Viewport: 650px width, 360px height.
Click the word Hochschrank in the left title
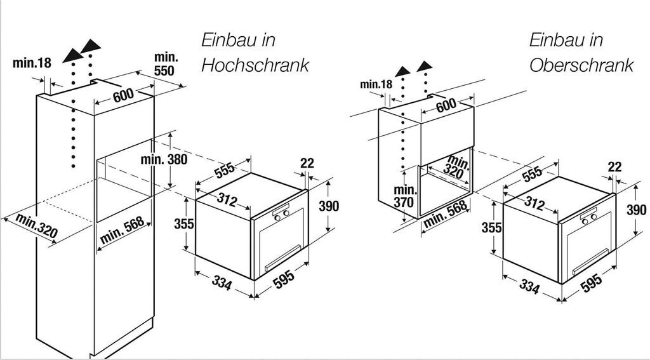pos(255,65)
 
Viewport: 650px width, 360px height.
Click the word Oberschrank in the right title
pos(581,65)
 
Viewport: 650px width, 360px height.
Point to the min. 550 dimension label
pos(165,64)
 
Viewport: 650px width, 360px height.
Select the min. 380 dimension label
pos(164,159)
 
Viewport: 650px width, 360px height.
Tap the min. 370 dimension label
pos(404,196)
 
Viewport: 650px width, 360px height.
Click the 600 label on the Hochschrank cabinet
pos(124,95)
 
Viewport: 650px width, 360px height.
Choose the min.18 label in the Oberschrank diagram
pos(376,84)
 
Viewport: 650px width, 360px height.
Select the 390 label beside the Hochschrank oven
pos(329,206)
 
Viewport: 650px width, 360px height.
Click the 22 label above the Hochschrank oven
pos(307,163)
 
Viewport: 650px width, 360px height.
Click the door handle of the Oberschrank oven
pos(590,267)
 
